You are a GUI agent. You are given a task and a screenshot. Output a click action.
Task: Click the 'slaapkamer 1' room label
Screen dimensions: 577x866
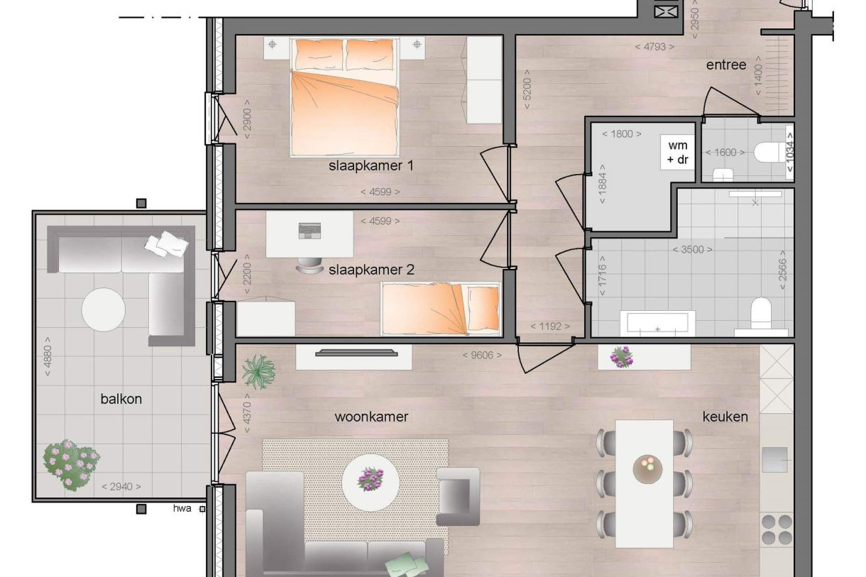tap(371, 166)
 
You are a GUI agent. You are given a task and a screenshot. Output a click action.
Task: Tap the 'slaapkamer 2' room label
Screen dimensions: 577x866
tap(371, 270)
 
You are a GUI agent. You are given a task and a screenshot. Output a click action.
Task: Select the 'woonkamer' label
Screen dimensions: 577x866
tap(371, 417)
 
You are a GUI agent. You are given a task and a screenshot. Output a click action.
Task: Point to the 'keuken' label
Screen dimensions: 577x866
tap(725, 417)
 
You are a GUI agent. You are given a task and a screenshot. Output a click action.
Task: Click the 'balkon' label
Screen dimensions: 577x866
tap(121, 399)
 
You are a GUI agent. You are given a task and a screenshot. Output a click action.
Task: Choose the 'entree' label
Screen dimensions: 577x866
tap(725, 65)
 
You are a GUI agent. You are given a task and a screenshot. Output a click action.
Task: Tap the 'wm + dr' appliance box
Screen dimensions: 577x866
tap(678, 152)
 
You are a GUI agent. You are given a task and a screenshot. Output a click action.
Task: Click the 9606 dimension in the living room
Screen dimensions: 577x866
tap(482, 356)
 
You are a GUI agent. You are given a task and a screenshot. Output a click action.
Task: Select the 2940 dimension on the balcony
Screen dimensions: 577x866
tap(121, 487)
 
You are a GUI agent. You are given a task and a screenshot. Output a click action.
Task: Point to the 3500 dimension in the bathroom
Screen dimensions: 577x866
tap(693, 250)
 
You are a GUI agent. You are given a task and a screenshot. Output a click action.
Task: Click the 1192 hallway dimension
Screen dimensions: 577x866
tap(551, 327)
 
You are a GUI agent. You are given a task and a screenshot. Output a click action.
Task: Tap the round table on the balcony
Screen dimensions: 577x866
tap(104, 309)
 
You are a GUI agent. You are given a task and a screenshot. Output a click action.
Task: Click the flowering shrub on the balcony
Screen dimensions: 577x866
tap(70, 465)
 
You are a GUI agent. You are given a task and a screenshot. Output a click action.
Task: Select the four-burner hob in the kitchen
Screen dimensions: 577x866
tap(777, 529)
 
